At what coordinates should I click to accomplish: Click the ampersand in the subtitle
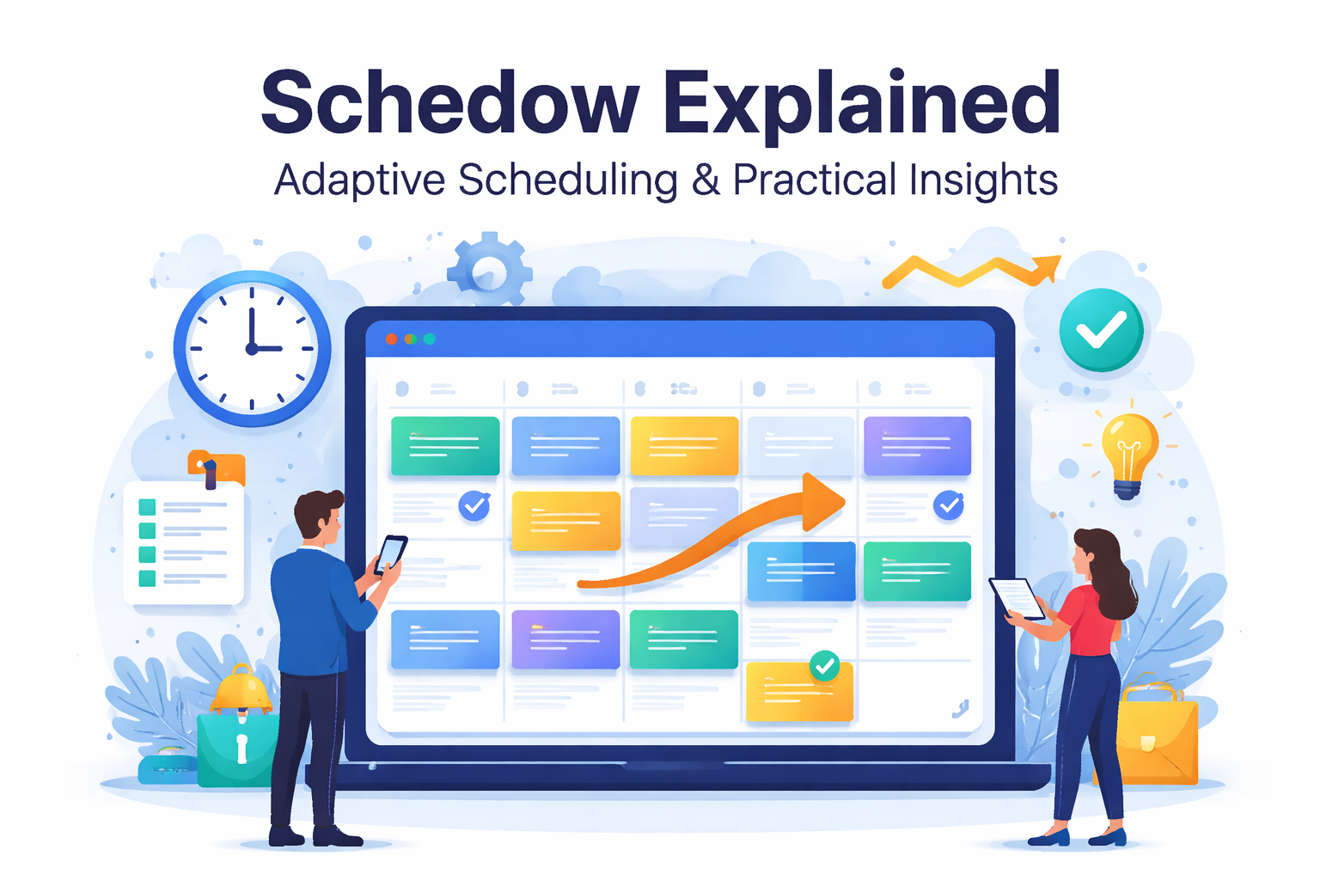[x=706, y=180]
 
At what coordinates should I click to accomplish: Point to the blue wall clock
[x=252, y=348]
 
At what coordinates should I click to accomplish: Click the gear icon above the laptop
[x=490, y=269]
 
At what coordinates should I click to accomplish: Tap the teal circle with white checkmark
[x=1101, y=330]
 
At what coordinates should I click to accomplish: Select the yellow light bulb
[x=1128, y=451]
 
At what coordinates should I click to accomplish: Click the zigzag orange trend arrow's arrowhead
[x=1048, y=267]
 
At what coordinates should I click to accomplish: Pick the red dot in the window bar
[x=391, y=339]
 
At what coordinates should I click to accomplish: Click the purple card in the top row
[x=917, y=445]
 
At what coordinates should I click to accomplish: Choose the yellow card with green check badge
[x=799, y=692]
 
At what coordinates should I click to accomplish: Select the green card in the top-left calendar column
[x=445, y=445]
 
